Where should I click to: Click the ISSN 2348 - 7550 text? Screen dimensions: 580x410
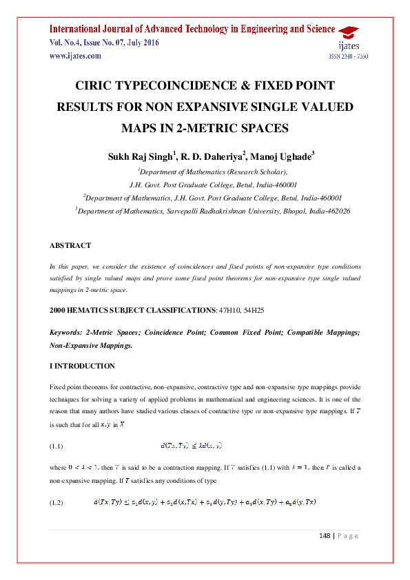point(348,56)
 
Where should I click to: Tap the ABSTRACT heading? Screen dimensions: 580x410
point(70,245)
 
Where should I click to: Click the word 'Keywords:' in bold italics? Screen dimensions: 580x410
point(67,333)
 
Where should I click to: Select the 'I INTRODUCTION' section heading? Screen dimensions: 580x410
point(82,366)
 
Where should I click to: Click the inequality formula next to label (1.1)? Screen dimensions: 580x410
point(196,446)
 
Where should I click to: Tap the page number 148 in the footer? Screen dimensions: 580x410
point(326,535)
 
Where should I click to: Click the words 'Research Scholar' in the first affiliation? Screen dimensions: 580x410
point(256,172)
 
